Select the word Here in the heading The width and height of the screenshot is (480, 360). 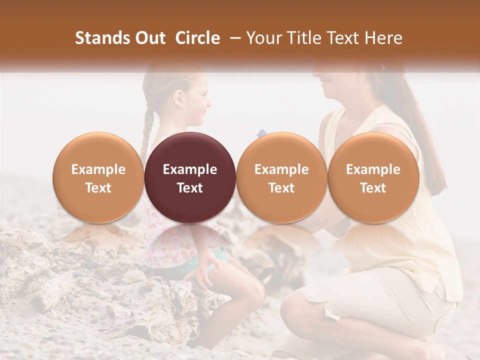point(383,38)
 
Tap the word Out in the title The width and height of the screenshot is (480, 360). point(151,38)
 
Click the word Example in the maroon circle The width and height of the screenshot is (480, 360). point(190,169)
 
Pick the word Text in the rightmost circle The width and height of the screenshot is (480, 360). point(373,188)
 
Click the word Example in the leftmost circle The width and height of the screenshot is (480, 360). point(98,169)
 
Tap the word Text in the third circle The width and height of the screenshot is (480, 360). point(281,188)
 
